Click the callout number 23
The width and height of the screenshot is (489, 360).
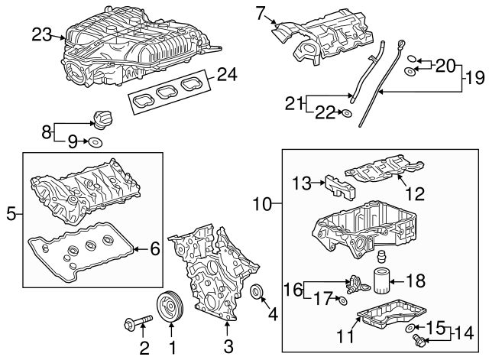point(42,34)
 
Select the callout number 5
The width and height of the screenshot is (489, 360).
point(10,215)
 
